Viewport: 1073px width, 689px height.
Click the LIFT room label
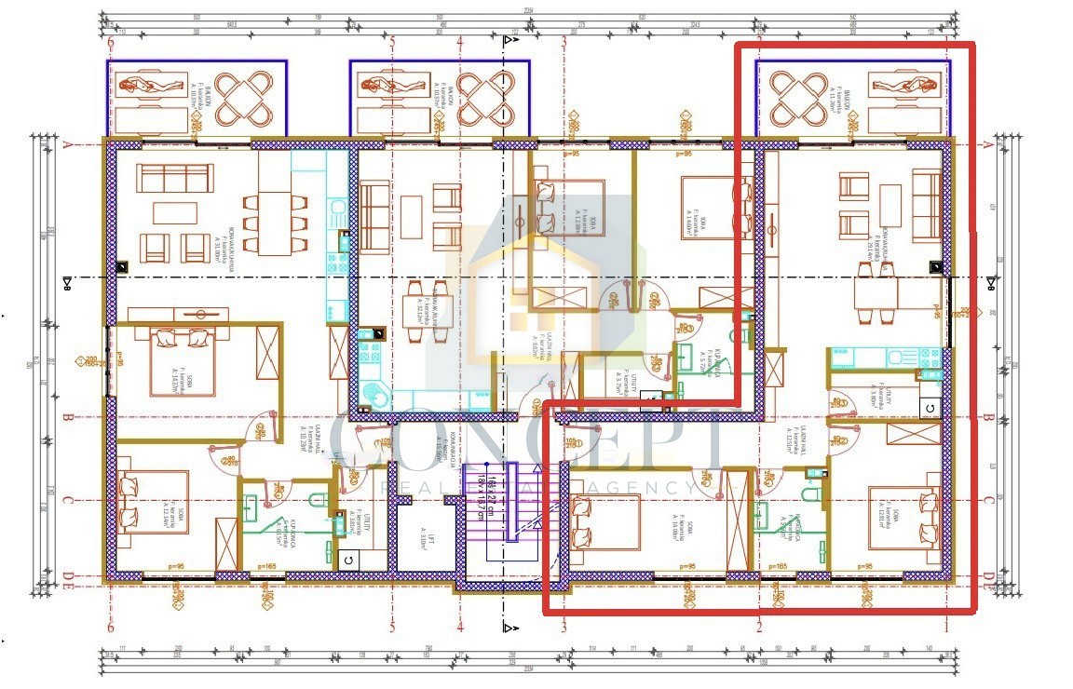tap(422, 538)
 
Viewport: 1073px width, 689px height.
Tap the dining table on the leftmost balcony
tap(241, 97)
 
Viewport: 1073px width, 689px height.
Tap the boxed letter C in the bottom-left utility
tap(347, 560)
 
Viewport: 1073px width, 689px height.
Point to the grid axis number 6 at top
tap(111, 42)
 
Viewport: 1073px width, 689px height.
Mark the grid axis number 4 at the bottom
tap(460, 627)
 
